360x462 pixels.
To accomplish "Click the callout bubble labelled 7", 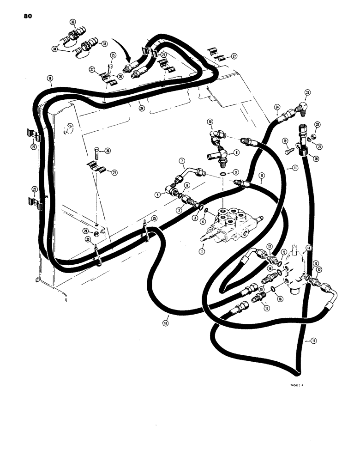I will tap(182, 163).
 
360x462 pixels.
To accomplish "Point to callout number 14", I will tap(308, 248).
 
